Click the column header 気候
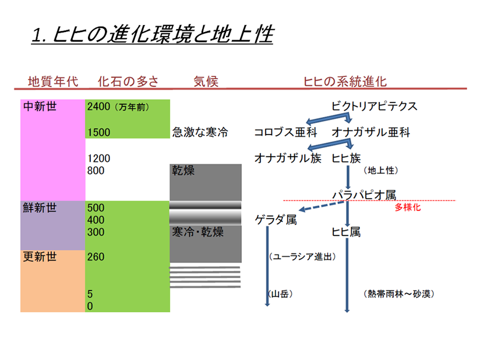[x=206, y=81]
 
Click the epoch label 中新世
[x=40, y=107]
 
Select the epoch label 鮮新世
[x=40, y=208]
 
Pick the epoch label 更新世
[x=40, y=256]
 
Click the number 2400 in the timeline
[x=98, y=107]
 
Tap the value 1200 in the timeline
[x=98, y=158]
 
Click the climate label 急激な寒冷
[x=200, y=132]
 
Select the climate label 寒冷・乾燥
[x=198, y=232]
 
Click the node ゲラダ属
[x=276, y=220]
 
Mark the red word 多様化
[x=407, y=207]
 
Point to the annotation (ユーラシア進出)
[x=303, y=256]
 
